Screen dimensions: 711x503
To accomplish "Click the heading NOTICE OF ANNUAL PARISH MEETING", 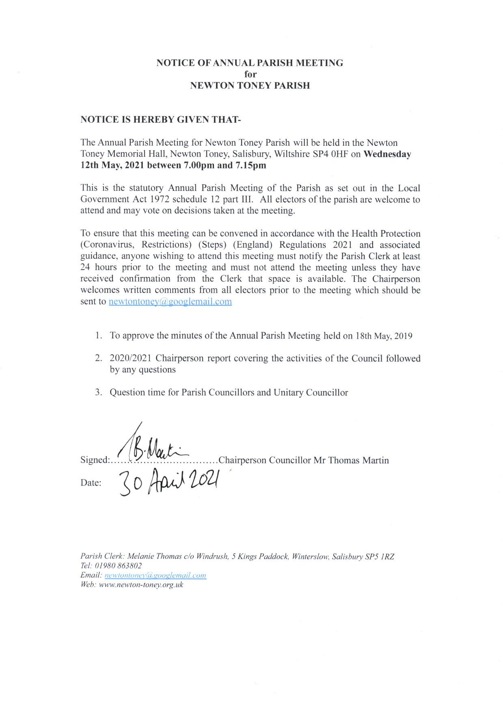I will click(250, 63).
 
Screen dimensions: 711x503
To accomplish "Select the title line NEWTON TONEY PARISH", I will click(250, 86).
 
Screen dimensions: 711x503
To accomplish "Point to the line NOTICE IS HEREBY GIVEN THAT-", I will click(161, 120).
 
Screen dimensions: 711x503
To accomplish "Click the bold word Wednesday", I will click(387, 154).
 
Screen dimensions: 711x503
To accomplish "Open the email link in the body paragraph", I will click(170, 302).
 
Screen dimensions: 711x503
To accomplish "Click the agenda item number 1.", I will click(98, 336).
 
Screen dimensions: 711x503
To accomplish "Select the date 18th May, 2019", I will click(384, 336).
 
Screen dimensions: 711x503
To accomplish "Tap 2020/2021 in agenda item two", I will click(130, 359).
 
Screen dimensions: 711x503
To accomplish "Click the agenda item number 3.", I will click(98, 393).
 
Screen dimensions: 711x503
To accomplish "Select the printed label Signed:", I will click(95, 460).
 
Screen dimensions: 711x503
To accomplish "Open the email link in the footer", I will click(155, 575).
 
